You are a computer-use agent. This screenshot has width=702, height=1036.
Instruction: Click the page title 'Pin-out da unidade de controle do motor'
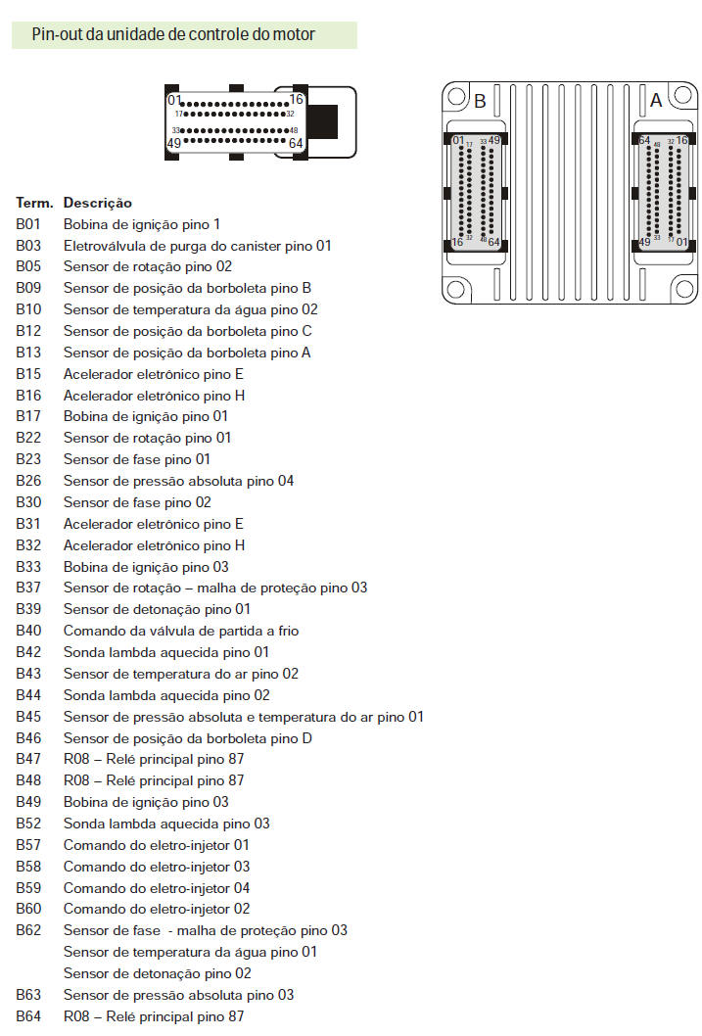(x=173, y=35)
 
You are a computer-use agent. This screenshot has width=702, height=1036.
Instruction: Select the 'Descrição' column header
(x=97, y=203)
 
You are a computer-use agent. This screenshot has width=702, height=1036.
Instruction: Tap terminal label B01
(x=28, y=224)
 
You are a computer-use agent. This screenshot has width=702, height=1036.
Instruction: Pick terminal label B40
(x=28, y=631)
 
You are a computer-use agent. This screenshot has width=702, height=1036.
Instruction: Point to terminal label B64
(x=28, y=1016)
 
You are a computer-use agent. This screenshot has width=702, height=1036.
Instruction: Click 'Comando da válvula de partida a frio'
(x=181, y=631)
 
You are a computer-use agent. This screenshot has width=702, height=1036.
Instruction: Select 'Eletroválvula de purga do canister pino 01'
(x=198, y=246)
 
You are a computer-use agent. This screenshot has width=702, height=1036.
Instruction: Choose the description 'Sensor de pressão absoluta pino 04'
(x=178, y=481)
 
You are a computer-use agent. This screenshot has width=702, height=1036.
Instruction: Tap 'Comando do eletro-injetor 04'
(x=157, y=888)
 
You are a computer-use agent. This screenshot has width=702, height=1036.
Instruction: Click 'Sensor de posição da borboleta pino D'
(x=188, y=738)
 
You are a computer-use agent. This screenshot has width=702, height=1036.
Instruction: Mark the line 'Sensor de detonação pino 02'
(x=158, y=973)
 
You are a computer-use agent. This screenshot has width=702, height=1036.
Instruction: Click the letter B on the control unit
(x=480, y=101)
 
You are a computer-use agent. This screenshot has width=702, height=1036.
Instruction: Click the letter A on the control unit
(x=656, y=101)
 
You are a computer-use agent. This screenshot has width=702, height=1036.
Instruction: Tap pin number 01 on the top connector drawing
(x=174, y=100)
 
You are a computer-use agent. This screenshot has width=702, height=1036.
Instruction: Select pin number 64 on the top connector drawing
(x=297, y=144)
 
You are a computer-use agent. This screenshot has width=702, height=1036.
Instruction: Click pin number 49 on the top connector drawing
(x=174, y=143)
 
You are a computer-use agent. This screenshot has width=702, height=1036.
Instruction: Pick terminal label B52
(x=28, y=824)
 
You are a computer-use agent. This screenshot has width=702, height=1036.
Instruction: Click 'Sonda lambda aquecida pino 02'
(x=166, y=695)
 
